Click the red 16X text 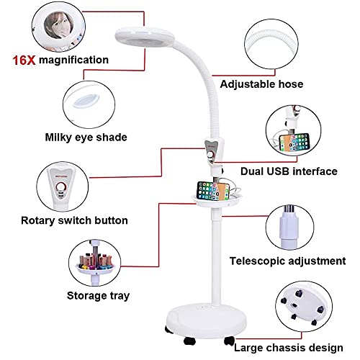pyautogui.click(x=24, y=60)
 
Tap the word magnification pyautogui.click(x=73, y=60)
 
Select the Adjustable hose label pyautogui.click(x=261, y=84)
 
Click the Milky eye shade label pyautogui.click(x=86, y=138)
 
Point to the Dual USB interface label pyautogui.click(x=289, y=171)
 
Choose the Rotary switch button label pyautogui.click(x=74, y=220)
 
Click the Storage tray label pyautogui.click(x=98, y=296)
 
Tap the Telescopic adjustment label pyautogui.click(x=287, y=261)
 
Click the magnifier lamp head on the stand pyautogui.click(x=145, y=38)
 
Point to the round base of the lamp pyautogui.click(x=207, y=319)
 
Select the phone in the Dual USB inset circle pyautogui.click(x=294, y=143)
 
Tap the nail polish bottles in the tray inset pyautogui.click(x=96, y=262)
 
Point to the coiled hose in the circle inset pyautogui.click(x=271, y=44)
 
